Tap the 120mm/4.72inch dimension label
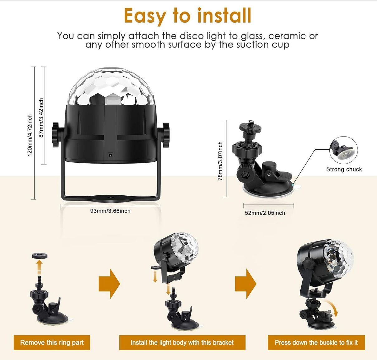30,135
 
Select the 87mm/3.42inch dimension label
41,118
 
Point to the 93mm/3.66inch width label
110,211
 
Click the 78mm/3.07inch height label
220,161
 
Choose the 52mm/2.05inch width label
265,213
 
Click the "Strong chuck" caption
344,169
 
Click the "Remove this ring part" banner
52,343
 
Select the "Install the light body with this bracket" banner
182,343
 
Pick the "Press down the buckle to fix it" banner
316,343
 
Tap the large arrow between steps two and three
246,284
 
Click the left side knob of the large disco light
55,135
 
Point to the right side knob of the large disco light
166,135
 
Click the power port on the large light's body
110,155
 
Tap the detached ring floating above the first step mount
40,256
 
